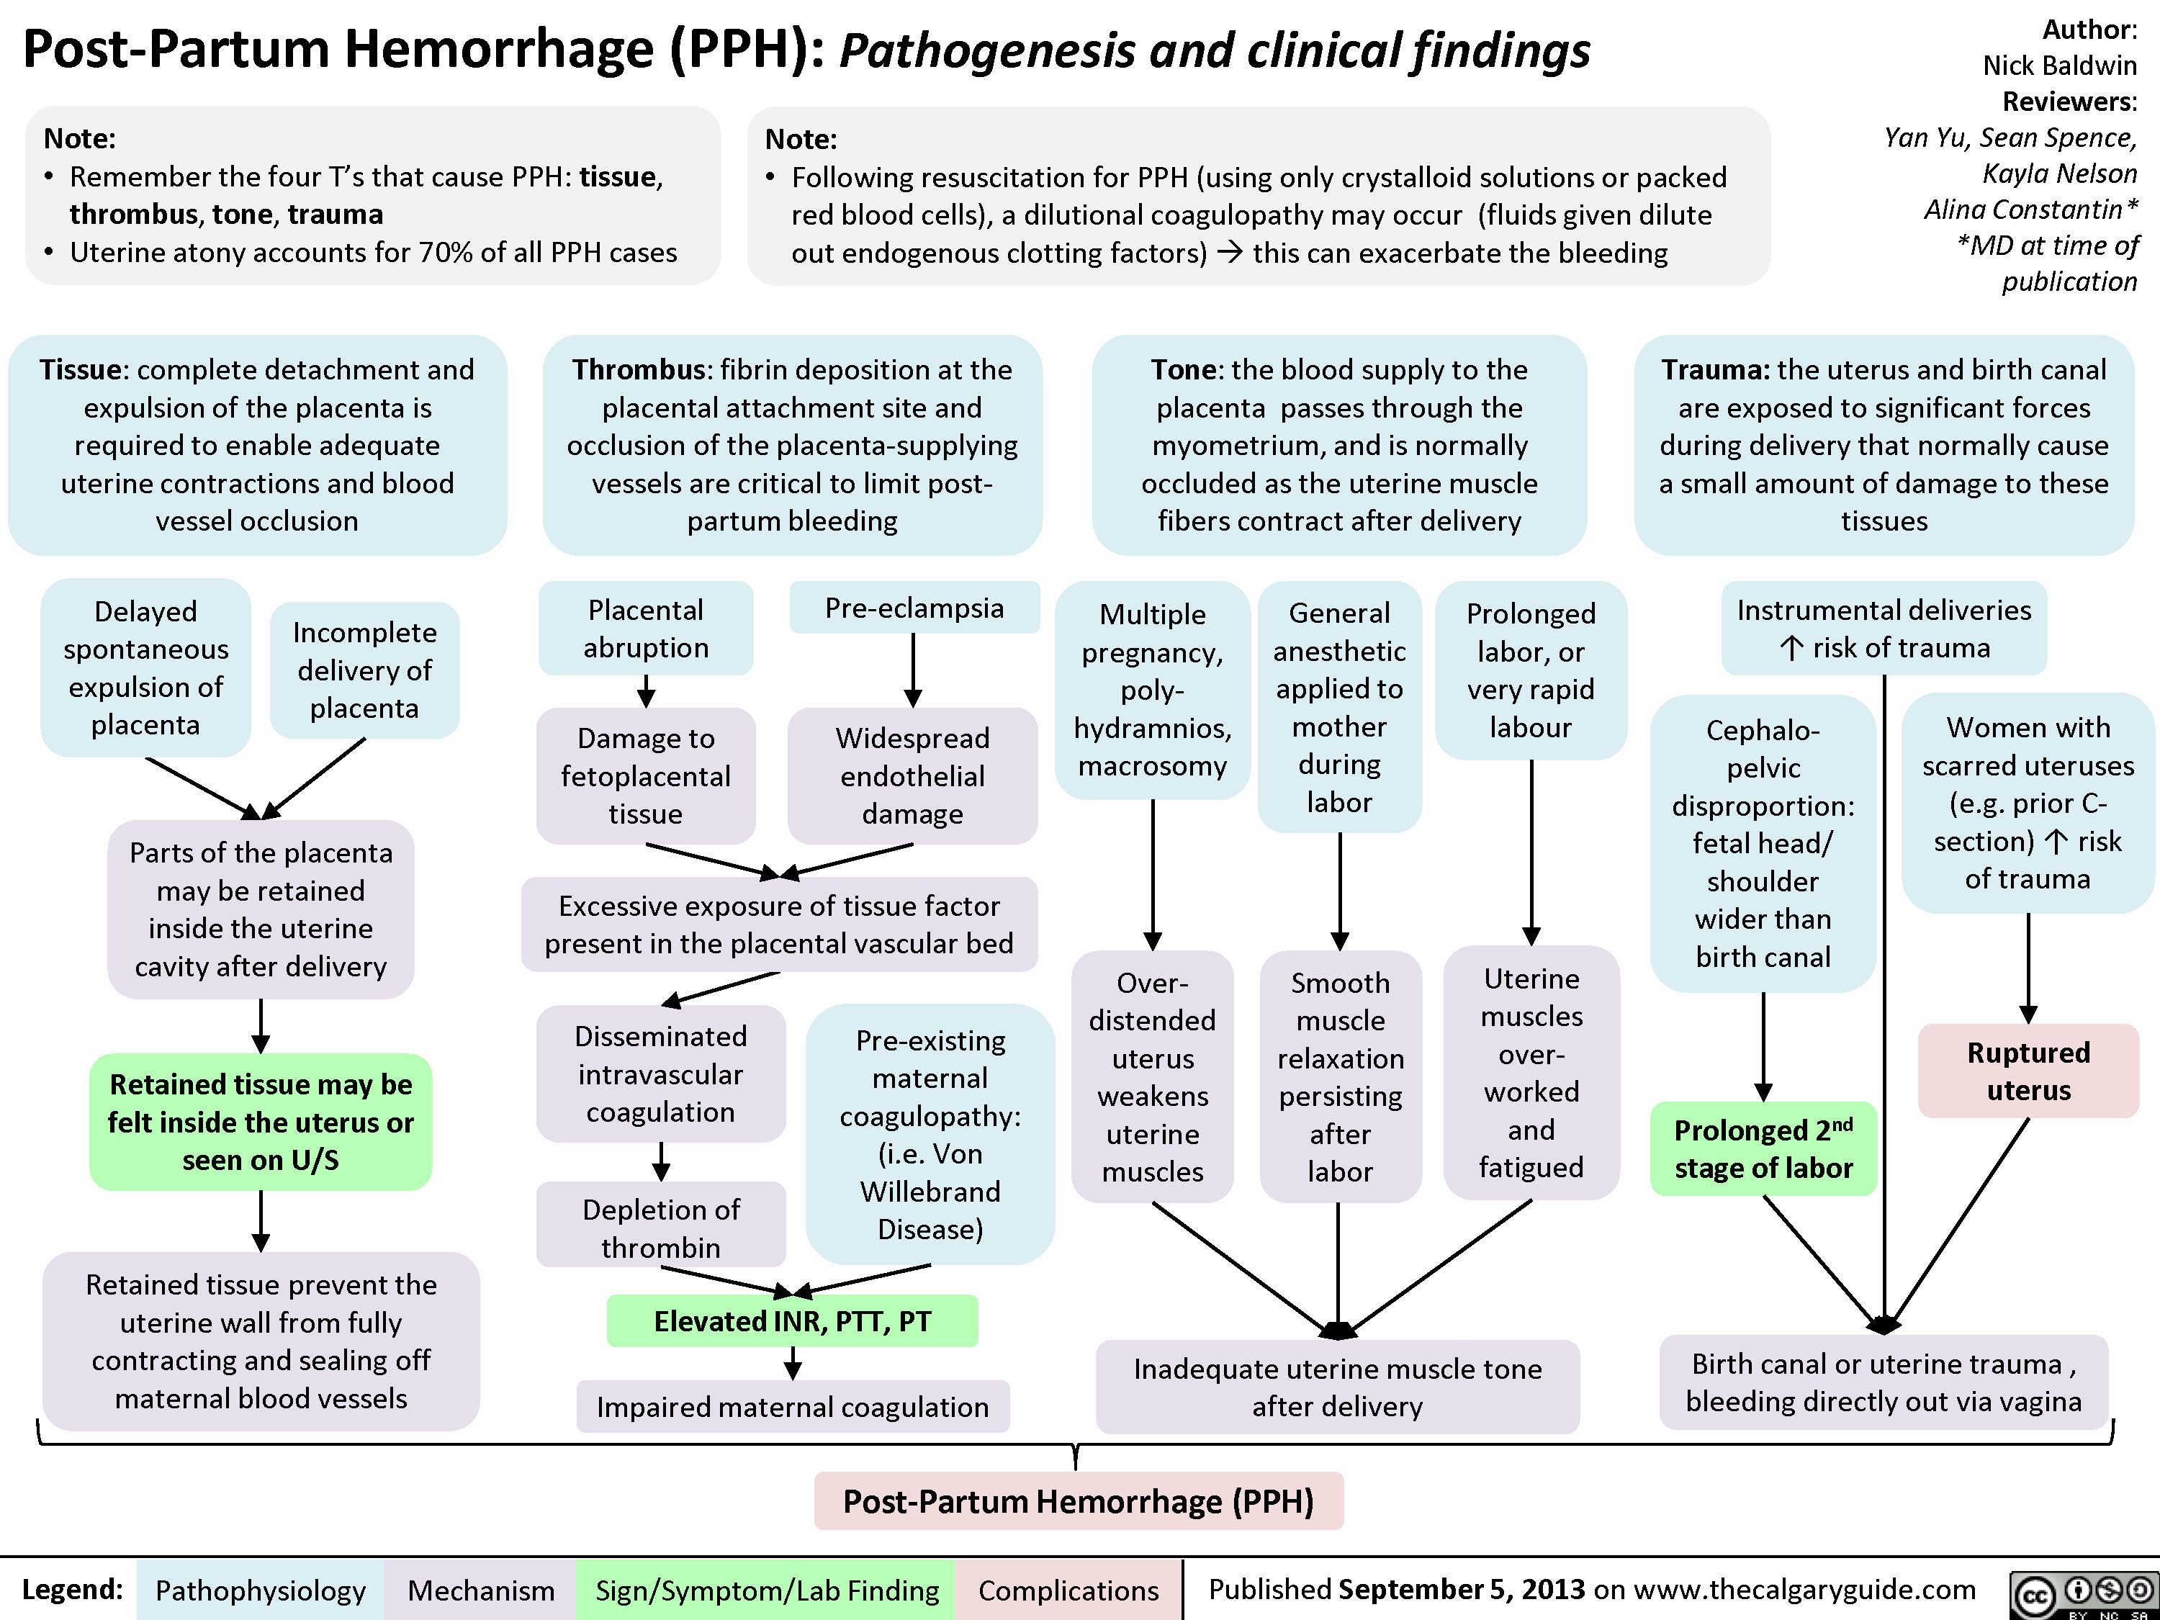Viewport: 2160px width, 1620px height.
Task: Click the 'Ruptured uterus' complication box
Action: pyautogui.click(x=2028, y=1071)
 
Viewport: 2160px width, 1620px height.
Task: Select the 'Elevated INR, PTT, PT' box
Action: pyautogui.click(x=792, y=1321)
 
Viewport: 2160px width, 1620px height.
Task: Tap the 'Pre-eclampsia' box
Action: pyautogui.click(x=914, y=608)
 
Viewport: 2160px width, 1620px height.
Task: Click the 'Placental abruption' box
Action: pyautogui.click(x=645, y=628)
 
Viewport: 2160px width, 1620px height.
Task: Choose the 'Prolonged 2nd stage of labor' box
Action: pyautogui.click(x=1763, y=1148)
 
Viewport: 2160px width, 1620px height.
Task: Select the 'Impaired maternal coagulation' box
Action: pyautogui.click(x=792, y=1406)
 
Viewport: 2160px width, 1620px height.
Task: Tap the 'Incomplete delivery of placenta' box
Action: pyautogui.click(x=364, y=670)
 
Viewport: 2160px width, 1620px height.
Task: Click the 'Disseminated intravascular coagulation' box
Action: pyautogui.click(x=661, y=1074)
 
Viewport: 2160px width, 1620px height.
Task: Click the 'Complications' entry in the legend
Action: pyautogui.click(x=1068, y=1590)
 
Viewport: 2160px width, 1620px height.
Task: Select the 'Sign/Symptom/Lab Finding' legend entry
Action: pyautogui.click(x=767, y=1590)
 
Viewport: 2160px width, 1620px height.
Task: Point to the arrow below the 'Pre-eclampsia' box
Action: pyautogui.click(x=913, y=670)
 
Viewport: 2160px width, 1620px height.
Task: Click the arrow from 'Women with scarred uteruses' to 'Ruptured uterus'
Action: pyautogui.click(x=2028, y=968)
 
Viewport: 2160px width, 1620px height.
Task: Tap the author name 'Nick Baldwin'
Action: pyautogui.click(x=2059, y=66)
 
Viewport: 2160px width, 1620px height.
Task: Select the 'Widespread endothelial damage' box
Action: pyautogui.click(x=912, y=775)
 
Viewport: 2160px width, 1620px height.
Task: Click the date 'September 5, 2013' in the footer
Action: pyautogui.click(x=1461, y=1590)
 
